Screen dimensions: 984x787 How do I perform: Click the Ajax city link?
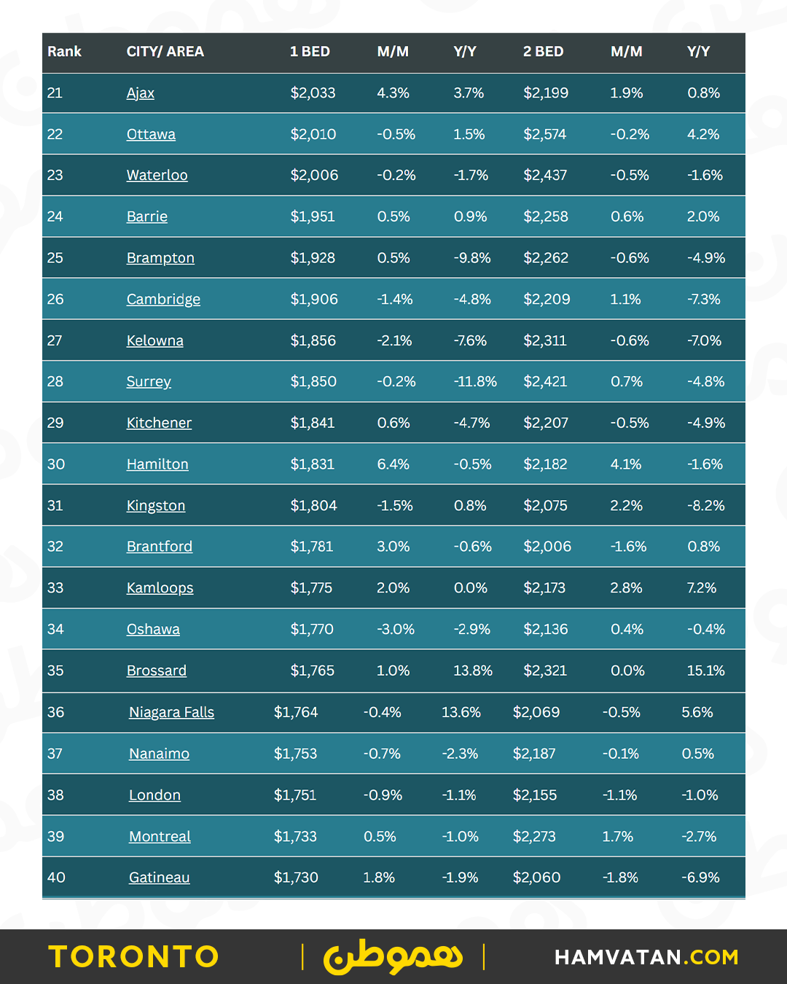(x=141, y=93)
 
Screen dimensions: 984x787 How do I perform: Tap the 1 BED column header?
(x=310, y=52)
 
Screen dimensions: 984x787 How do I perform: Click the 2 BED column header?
(x=543, y=52)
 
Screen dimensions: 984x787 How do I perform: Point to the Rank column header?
(x=64, y=52)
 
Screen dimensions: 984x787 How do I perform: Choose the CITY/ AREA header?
(x=165, y=52)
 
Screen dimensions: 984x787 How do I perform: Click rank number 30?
(x=56, y=464)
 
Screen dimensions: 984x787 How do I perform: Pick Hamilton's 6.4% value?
(x=393, y=464)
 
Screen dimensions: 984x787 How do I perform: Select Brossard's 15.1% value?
(x=705, y=671)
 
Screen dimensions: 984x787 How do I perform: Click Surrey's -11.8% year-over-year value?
(x=475, y=381)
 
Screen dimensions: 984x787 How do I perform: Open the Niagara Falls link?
(x=171, y=712)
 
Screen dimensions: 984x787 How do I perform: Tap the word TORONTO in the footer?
(x=134, y=956)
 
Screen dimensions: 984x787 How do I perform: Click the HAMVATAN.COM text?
(x=646, y=957)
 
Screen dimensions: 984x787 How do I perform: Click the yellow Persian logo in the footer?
(x=393, y=956)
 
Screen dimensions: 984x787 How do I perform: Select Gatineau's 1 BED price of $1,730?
(x=296, y=878)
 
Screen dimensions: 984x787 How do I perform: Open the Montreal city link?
(x=160, y=836)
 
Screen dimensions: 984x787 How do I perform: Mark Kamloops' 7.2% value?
(x=702, y=587)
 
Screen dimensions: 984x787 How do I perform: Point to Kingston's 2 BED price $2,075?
(x=545, y=505)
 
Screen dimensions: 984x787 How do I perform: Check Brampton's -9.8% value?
(x=472, y=258)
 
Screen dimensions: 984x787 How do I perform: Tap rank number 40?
(x=56, y=878)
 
